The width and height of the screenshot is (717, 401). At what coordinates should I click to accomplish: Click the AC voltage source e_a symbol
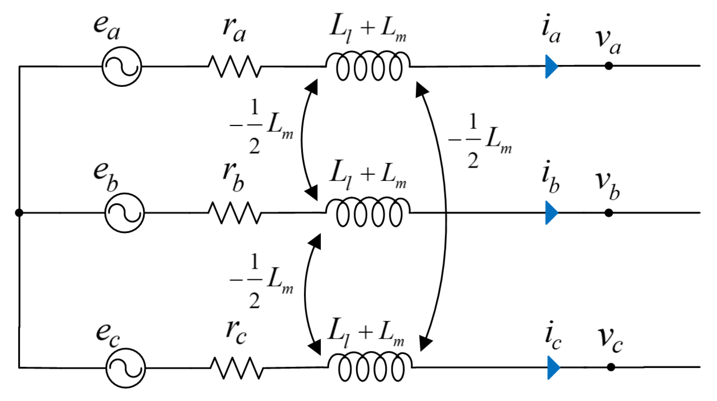122,66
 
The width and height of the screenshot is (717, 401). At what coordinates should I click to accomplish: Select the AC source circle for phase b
124,213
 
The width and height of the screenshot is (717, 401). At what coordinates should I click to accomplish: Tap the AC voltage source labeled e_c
125,368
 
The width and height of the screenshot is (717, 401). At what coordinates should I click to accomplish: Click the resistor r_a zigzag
234,66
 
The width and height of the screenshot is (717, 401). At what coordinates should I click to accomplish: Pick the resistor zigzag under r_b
234,213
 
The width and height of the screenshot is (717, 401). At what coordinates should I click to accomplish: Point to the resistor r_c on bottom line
237,368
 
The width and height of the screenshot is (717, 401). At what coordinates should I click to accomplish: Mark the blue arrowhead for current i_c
553,367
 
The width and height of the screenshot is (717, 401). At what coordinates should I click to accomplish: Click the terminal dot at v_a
609,66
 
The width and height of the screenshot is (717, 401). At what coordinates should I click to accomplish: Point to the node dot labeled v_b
609,213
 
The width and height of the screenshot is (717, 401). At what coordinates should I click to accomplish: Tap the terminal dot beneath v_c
611,367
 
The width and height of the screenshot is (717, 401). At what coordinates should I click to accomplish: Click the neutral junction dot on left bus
19,212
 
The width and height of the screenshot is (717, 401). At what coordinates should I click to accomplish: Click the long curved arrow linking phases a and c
445,213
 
